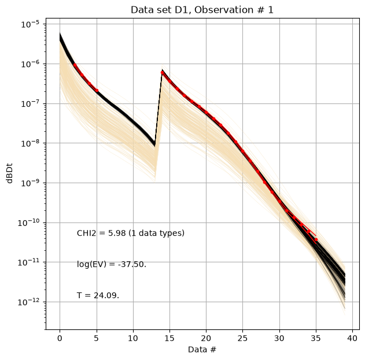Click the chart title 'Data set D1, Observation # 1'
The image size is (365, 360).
click(x=202, y=10)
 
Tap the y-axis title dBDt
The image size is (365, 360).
click(x=9, y=173)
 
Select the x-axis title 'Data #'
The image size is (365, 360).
click(x=202, y=350)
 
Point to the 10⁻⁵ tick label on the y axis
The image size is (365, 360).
click(x=30, y=24)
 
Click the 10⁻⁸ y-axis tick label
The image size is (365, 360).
click(x=30, y=143)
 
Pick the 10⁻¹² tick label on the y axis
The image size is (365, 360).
click(x=28, y=302)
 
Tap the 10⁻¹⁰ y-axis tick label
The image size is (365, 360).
click(x=28, y=222)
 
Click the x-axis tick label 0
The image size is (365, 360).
click(x=60, y=338)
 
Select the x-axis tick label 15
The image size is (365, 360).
click(x=169, y=338)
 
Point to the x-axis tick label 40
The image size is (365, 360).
click(x=352, y=338)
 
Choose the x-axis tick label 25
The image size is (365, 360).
click(x=242, y=338)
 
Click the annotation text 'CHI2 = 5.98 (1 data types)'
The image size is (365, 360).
click(x=131, y=233)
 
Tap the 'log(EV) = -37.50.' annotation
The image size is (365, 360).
click(x=112, y=264)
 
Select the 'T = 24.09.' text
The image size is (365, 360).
click(x=98, y=295)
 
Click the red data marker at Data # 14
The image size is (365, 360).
click(x=162, y=73)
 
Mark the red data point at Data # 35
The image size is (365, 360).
click(x=316, y=239)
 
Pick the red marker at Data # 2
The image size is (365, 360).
click(x=75, y=65)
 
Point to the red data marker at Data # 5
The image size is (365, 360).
click(x=97, y=91)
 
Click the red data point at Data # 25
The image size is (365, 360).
click(x=242, y=151)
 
